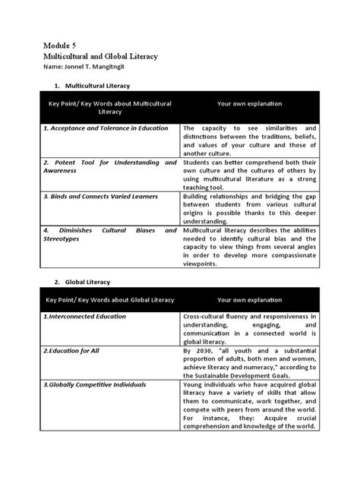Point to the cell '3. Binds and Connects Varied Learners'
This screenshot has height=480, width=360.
[100, 196]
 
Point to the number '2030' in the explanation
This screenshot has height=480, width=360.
[205, 351]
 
